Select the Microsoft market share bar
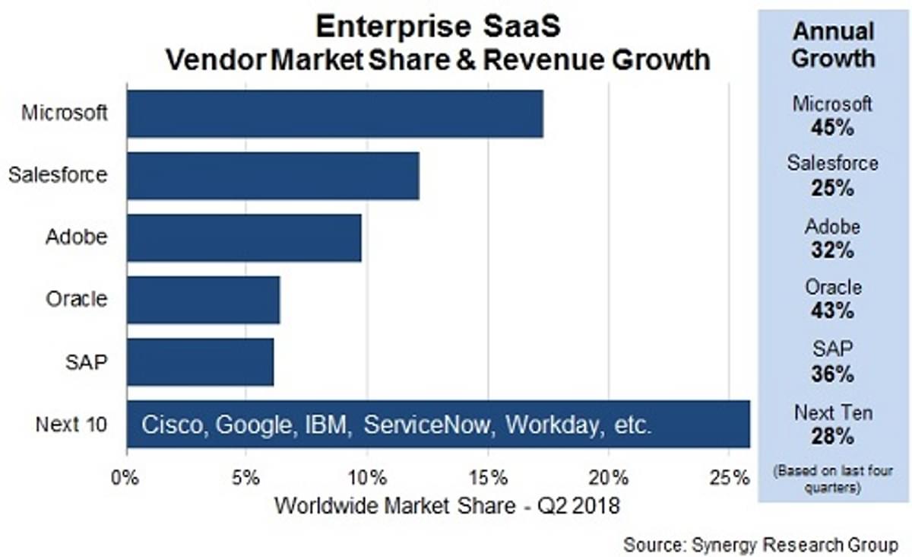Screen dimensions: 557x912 pos(334,113)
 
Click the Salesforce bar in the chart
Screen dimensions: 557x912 pos(273,176)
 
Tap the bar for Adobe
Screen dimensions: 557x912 pos(244,237)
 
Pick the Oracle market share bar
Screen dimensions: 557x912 pos(203,300)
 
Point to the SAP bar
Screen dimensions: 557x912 pos(200,362)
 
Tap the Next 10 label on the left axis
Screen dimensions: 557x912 pos(71,424)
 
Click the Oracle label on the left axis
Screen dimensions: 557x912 pos(76,299)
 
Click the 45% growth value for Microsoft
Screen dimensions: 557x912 pos(833,127)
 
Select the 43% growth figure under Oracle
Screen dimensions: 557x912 pos(833,310)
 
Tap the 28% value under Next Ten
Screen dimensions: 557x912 pos(833,437)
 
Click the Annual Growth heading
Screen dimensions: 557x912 pos(833,45)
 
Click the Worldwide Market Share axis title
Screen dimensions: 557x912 pos(447,504)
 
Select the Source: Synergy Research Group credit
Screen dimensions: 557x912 pos(761,544)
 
